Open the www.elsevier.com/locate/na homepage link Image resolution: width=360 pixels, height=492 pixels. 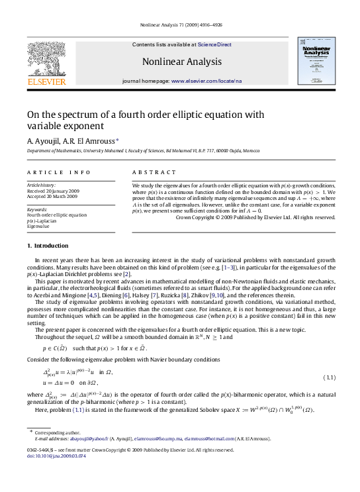click(x=206, y=80)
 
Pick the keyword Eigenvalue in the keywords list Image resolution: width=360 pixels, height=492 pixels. click(x=38, y=226)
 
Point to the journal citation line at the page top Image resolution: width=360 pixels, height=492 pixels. click(x=179, y=26)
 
